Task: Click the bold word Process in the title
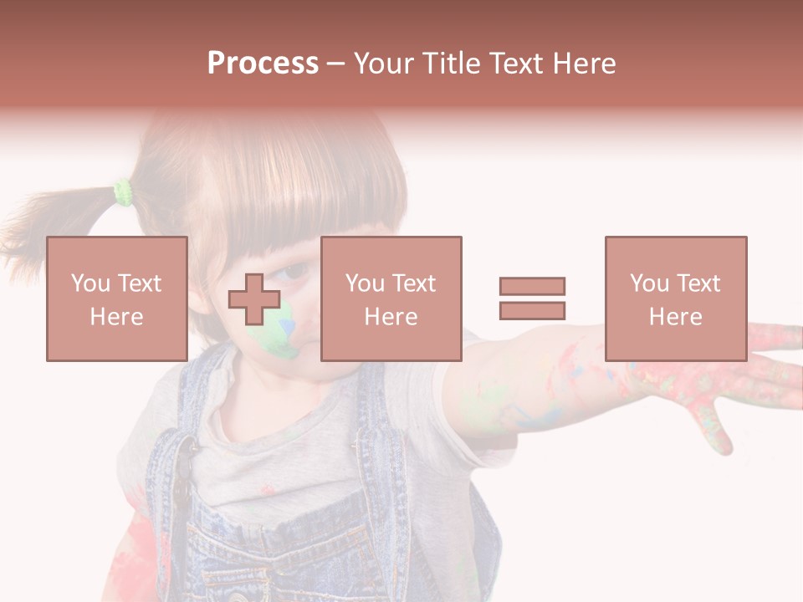(263, 64)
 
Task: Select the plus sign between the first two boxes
(254, 298)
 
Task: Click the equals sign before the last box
(532, 298)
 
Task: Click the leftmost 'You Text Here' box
(117, 298)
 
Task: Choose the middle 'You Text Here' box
(391, 298)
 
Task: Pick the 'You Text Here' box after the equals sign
(676, 298)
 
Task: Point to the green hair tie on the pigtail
(124, 192)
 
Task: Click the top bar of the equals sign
(532, 286)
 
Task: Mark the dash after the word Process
(335, 64)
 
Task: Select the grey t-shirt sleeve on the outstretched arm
(468, 393)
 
